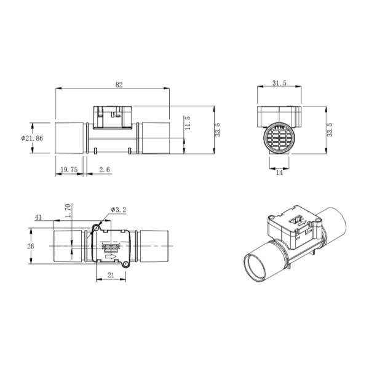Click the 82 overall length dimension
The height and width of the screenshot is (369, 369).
113,84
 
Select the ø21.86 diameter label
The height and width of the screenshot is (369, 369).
31,138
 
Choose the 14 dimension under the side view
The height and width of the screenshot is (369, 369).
279,173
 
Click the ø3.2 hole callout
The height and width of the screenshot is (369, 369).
118,210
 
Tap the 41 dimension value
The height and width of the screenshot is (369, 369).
38,216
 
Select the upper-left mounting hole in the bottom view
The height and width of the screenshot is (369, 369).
95,228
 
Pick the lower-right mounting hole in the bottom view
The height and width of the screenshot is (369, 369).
125,264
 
